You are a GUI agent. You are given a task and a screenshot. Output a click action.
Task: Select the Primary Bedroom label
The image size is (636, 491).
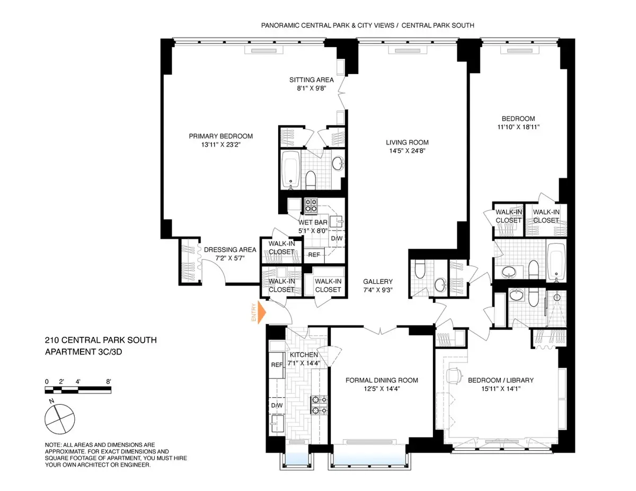pos(220,136)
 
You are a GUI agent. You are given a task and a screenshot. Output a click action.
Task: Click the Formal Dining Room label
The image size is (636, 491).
pos(382,380)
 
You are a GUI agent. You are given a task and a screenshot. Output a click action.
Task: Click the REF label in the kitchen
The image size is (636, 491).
pos(276,365)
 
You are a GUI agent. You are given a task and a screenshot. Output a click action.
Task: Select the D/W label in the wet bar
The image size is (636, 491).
pos(337,238)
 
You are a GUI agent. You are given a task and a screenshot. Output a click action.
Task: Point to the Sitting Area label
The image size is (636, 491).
pos(311,80)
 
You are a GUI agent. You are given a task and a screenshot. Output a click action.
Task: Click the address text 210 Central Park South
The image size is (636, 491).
pos(101,340)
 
